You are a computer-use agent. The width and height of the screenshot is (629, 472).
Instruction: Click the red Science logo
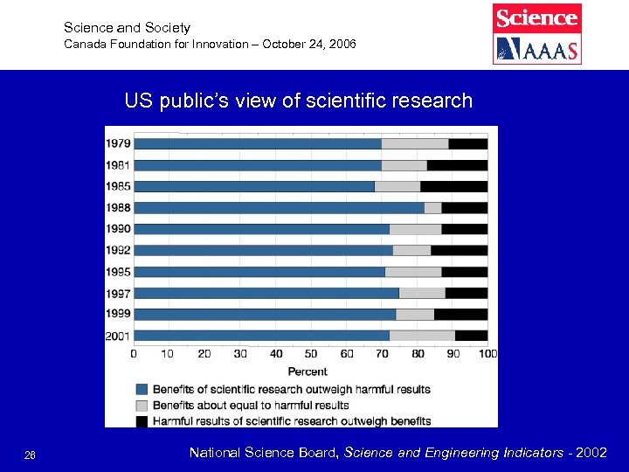click(536, 17)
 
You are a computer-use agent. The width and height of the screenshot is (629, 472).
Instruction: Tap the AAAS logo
click(536, 49)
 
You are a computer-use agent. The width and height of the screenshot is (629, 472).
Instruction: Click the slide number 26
click(30, 454)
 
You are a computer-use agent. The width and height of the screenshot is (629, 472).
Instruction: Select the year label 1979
click(119, 143)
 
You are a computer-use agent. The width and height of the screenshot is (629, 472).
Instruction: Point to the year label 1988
click(119, 207)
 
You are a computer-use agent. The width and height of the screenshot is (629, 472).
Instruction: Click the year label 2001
click(119, 335)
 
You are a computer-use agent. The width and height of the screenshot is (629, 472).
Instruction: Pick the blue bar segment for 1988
click(279, 207)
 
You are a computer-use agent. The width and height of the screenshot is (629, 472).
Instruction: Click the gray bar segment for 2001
click(422, 335)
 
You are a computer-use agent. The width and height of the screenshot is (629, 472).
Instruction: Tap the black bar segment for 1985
click(453, 186)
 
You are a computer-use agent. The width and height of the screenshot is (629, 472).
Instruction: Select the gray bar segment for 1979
click(415, 143)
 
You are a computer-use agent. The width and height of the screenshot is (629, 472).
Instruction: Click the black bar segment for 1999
click(460, 314)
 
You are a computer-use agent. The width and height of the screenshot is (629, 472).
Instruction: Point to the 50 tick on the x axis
click(311, 354)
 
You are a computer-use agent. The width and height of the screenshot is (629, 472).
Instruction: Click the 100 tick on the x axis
click(488, 354)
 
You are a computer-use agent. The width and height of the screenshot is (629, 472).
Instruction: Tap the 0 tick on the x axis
click(134, 354)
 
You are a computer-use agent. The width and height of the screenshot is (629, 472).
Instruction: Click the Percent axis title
click(308, 371)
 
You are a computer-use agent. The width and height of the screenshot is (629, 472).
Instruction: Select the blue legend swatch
click(142, 389)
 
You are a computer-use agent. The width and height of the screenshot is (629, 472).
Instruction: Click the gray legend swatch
click(142, 405)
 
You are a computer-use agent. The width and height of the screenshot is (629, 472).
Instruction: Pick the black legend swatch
click(142, 420)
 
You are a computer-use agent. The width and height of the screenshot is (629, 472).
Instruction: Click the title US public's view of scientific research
click(298, 101)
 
